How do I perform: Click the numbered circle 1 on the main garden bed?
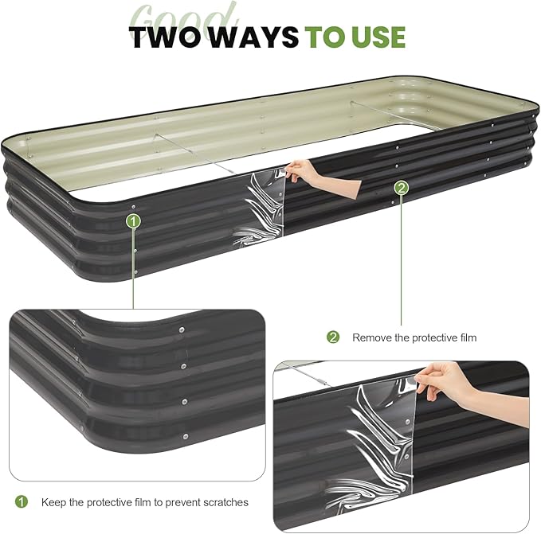click(134, 220)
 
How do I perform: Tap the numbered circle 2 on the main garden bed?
click(402, 188)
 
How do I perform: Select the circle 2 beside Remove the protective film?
click(333, 337)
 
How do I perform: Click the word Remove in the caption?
click(370, 337)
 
